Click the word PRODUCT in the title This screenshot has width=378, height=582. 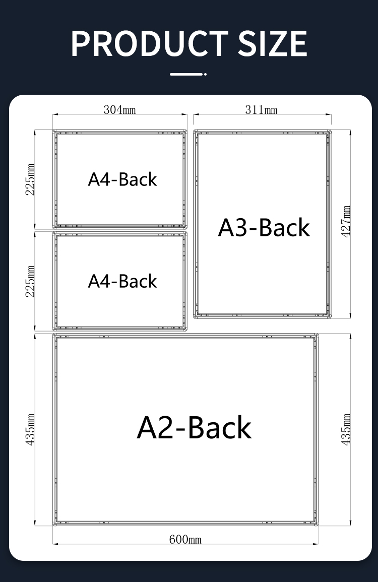(x=149, y=43)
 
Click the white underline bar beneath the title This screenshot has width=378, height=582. (x=188, y=74)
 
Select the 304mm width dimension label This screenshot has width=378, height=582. (x=119, y=110)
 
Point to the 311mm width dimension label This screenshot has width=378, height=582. (x=261, y=110)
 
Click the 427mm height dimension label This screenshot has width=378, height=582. (x=346, y=222)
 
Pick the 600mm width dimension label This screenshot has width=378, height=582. (x=185, y=539)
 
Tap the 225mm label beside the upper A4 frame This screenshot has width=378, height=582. (x=30, y=179)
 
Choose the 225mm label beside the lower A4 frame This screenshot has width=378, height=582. (x=30, y=281)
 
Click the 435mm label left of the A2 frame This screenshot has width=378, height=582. (x=30, y=429)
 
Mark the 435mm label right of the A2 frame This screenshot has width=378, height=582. (x=346, y=429)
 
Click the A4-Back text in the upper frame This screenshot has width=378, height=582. (x=122, y=179)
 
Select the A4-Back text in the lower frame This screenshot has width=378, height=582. (x=122, y=281)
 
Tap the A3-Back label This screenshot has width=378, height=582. (x=264, y=227)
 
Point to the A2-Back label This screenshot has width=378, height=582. (x=194, y=428)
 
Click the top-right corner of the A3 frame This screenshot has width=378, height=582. (x=331, y=131)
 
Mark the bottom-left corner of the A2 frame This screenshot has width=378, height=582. (x=53, y=525)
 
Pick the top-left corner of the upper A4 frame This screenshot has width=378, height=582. (x=53, y=131)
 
